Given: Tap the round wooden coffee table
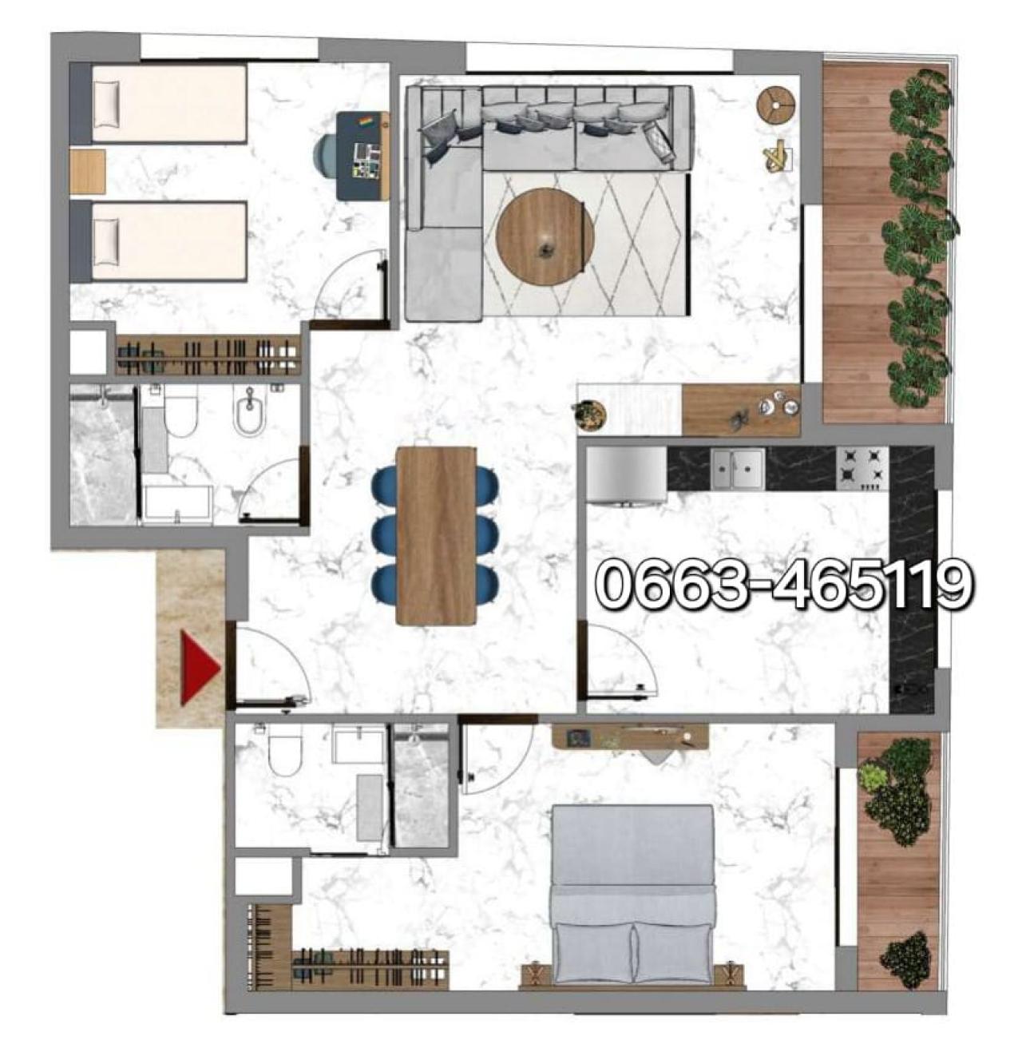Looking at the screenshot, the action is [x=545, y=236].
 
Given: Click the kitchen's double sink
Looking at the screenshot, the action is [x=737, y=468].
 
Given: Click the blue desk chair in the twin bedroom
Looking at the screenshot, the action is [x=327, y=154].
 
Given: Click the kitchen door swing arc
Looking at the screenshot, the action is [x=639, y=652].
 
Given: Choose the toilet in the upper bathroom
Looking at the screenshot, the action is [x=180, y=414].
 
